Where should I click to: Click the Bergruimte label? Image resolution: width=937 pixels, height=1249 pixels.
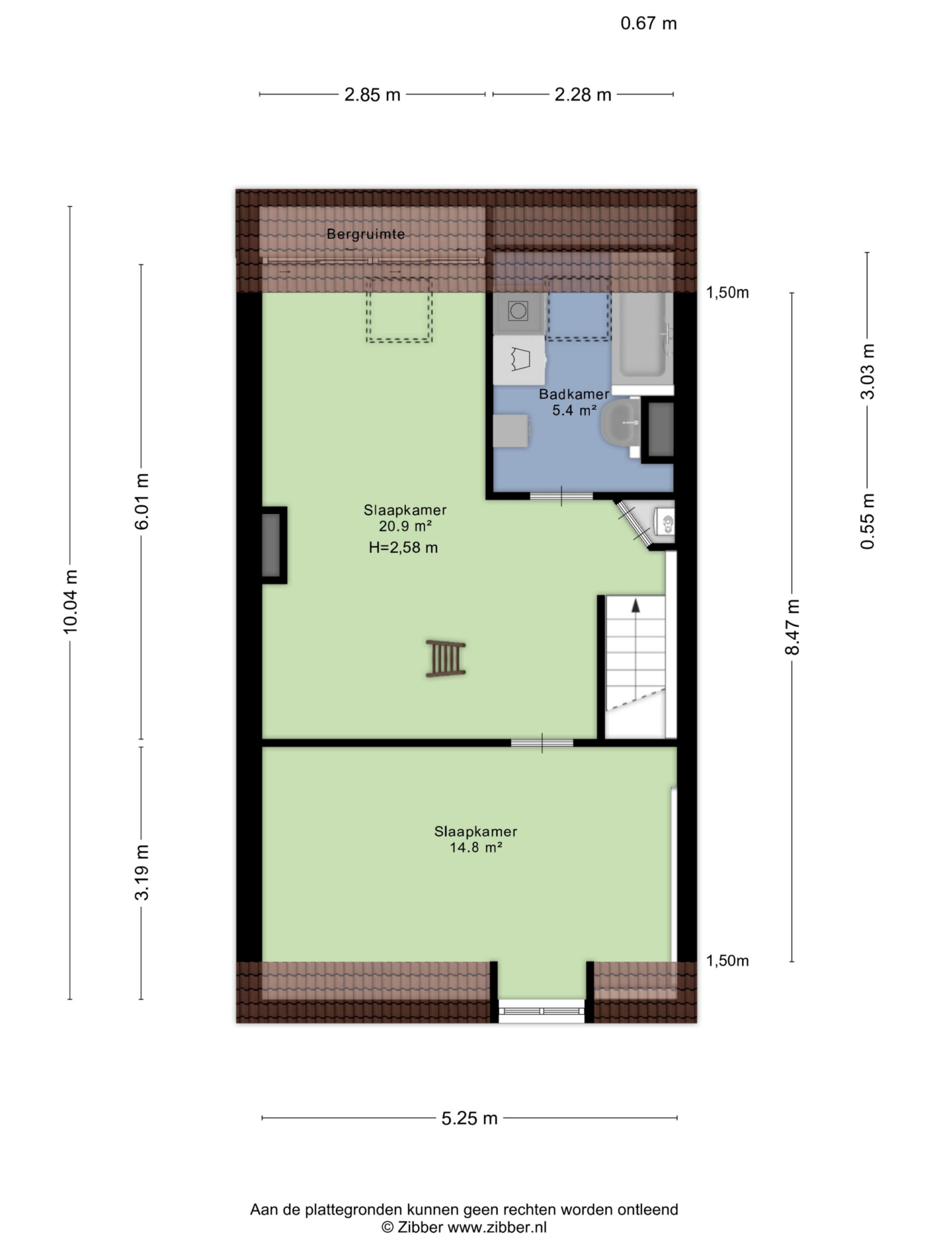pos(366,234)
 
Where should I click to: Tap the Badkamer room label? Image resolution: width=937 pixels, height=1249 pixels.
pos(574,394)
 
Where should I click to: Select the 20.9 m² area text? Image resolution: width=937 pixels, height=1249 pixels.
pos(405,526)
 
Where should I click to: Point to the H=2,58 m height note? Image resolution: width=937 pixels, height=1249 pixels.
pos(403,547)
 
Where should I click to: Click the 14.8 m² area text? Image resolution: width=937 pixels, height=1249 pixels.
pos(475,848)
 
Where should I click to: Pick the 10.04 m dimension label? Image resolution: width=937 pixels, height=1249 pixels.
pos(71,601)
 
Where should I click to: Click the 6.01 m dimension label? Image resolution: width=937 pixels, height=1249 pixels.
pos(142,501)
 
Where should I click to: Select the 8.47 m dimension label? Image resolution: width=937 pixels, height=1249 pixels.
pos(792,627)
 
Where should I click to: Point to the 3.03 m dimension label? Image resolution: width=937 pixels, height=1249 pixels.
pos(868,371)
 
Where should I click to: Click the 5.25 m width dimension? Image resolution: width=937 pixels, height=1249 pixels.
pos(470,1118)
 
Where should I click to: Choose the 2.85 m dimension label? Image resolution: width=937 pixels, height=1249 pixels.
pos(372,94)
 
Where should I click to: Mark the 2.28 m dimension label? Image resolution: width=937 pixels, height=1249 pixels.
pos(583,94)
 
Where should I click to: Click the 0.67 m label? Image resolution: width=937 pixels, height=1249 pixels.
pos(648,23)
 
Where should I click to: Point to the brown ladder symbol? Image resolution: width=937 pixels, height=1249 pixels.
pos(445,658)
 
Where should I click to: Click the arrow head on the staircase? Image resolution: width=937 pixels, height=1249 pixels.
pos(636,605)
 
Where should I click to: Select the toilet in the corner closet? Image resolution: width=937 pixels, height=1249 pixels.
pos(665,522)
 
